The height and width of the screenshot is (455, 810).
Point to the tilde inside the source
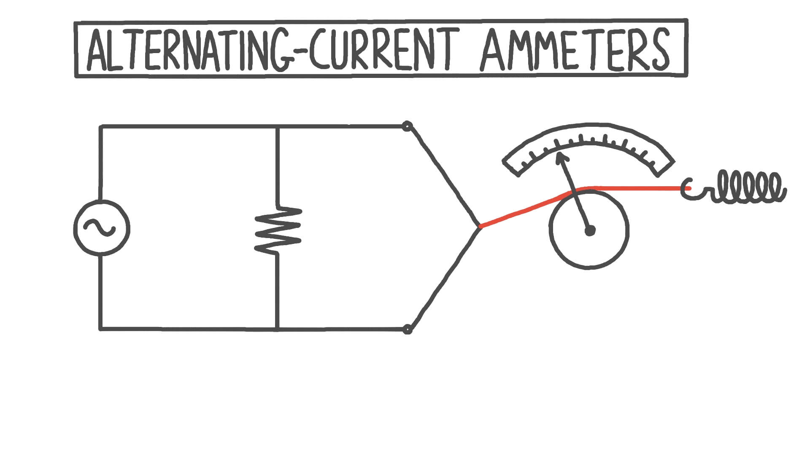[100, 228]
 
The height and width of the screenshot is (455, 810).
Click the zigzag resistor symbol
[278, 230]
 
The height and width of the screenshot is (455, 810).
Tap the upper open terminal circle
[407, 126]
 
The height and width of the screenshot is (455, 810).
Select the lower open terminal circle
[407, 329]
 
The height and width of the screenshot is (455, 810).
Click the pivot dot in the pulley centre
[590, 230]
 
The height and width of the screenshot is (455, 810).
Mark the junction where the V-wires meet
[480, 227]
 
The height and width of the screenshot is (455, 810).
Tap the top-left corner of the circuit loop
[100, 126]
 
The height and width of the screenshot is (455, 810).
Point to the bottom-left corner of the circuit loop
[100, 329]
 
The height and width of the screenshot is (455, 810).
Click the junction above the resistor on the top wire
[277, 126]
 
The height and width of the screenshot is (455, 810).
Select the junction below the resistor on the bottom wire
[277, 329]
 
